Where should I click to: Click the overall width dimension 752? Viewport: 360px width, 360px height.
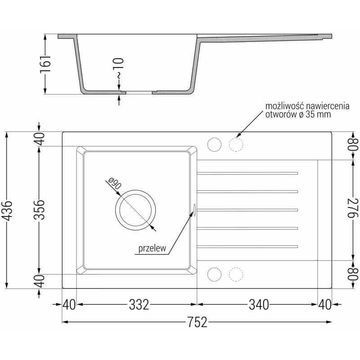coord(197,322)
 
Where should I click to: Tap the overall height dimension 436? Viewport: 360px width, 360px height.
coord(8,211)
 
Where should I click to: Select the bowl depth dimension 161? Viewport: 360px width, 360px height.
coord(45,64)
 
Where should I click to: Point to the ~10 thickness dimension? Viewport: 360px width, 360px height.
coord(119,68)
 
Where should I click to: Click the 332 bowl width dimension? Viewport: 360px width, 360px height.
coord(139,305)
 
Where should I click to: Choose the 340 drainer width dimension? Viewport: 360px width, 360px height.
coord(259,305)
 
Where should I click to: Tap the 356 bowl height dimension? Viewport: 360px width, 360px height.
coord(39,210)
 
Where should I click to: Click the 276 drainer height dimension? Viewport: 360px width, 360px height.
coord(353,208)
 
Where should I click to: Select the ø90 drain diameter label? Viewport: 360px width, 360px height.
coord(115,184)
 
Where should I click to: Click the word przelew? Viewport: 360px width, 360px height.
coord(152,248)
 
